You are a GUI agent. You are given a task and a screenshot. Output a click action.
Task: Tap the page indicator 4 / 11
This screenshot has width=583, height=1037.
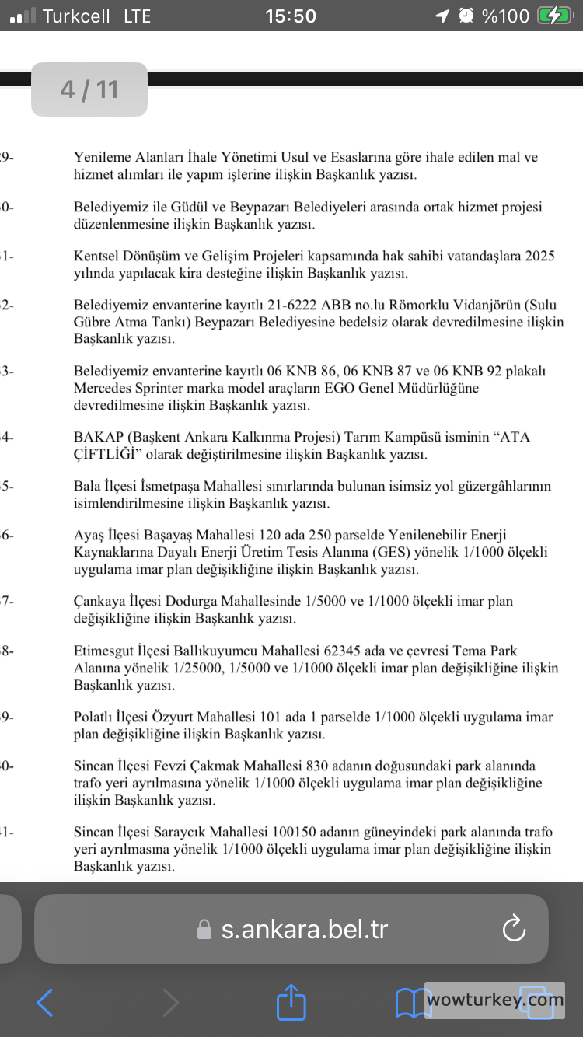coord(89,89)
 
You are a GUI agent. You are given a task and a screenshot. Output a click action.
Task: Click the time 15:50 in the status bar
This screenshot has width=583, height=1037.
coord(291,16)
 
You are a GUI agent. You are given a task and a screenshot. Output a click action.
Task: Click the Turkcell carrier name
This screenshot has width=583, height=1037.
coord(75,16)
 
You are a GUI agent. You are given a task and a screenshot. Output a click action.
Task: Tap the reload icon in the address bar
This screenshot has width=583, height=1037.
coord(515,929)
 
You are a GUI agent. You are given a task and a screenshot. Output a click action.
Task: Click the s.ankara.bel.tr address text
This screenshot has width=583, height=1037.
coord(305,929)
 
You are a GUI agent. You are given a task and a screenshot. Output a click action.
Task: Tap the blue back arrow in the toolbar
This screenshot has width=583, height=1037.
coord(45,1003)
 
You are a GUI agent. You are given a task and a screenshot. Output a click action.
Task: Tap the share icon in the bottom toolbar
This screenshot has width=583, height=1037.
coord(291,1002)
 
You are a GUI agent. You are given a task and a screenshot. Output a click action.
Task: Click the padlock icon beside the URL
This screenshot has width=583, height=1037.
coord(204,930)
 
